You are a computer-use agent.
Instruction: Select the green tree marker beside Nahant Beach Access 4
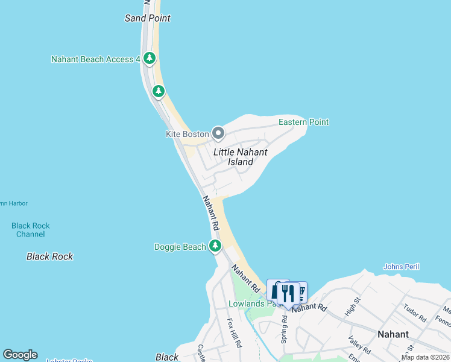[150, 59]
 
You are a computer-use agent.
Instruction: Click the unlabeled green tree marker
[158, 92]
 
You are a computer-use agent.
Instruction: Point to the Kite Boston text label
[187, 134]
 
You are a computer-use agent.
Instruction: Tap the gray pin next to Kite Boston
[218, 133]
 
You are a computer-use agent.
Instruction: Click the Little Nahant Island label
[240, 157]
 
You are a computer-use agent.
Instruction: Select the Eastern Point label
[303, 122]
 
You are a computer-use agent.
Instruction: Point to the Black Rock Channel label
[30, 230]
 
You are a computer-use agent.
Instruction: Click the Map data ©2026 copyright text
[425, 357]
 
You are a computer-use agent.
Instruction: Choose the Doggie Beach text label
[180, 246]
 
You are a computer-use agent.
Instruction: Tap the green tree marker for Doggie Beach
[215, 246]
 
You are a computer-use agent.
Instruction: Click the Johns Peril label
[401, 267]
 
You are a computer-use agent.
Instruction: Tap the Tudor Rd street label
[415, 312]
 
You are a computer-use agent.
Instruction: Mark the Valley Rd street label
[359, 345]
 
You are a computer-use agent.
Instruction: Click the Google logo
[20, 355]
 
